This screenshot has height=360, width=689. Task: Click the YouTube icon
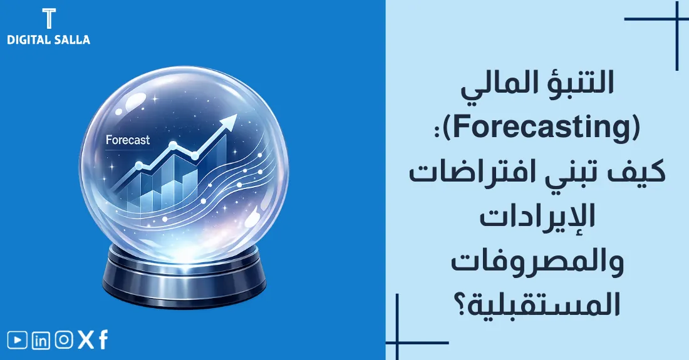pos(18,340)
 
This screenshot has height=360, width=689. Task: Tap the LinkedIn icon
pos(41,340)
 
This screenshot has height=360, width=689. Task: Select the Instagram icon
pos(63,340)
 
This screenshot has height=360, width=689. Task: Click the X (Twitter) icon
pos(85,340)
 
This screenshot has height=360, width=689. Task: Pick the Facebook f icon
pos(103,340)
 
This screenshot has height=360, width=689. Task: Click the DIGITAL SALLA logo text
pos(48,39)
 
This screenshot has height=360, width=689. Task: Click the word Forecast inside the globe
pos(128,140)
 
